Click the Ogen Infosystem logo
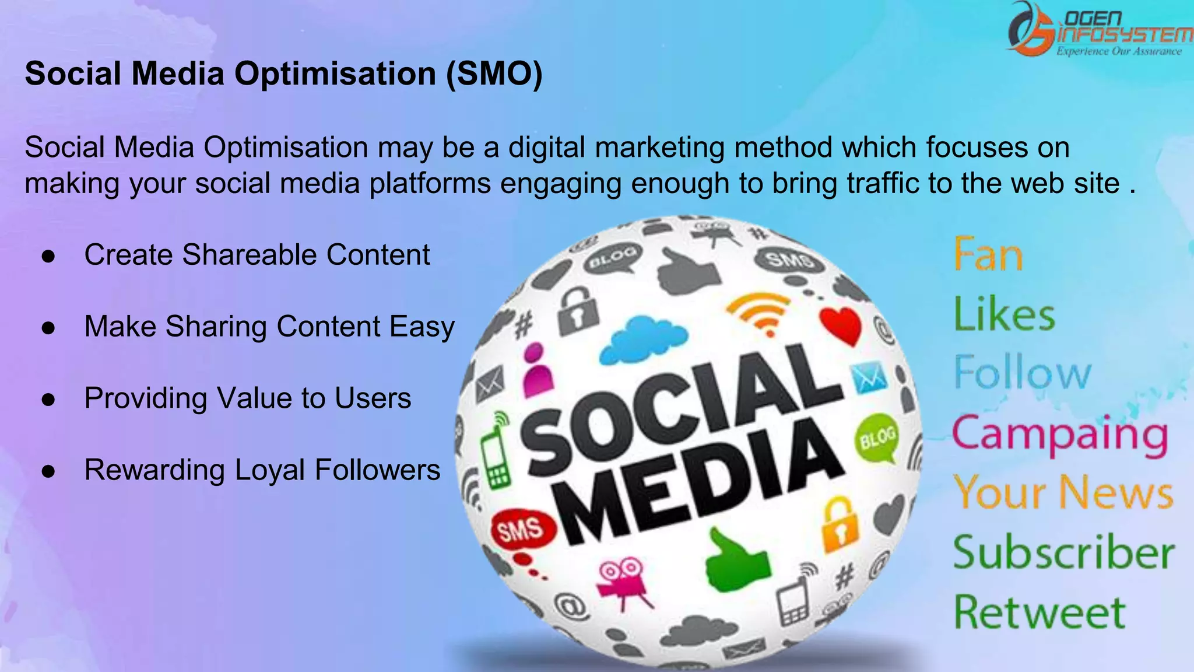tap(1099, 30)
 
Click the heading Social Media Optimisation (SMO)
tap(283, 74)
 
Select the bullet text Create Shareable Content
tap(257, 255)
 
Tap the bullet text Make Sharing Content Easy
tap(269, 327)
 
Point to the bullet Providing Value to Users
tap(248, 398)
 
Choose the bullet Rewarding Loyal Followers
tap(262, 470)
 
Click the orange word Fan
tap(988, 255)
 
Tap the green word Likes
tap(1005, 314)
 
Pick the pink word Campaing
tap(1060, 435)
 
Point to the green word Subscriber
tap(1064, 552)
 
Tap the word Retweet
tap(1040, 612)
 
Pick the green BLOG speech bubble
tap(877, 437)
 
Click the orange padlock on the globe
tap(840, 525)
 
